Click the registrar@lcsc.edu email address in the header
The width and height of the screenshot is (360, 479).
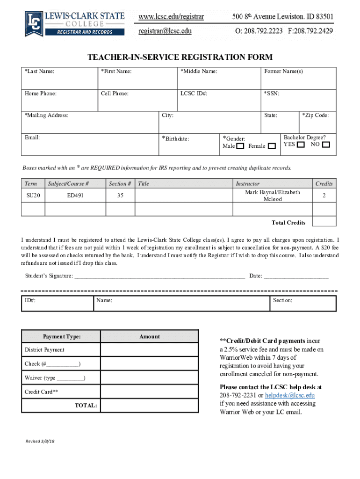pyautogui.click(x=165, y=31)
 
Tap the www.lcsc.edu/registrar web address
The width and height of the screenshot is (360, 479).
pyautogui.click(x=171, y=17)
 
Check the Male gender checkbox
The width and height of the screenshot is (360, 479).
pyautogui.click(x=240, y=146)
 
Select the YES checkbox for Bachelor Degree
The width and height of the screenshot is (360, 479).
pyautogui.click(x=301, y=145)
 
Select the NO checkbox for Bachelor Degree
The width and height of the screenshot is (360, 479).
pyautogui.click(x=326, y=145)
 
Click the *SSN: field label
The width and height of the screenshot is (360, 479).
pyautogui.click(x=272, y=94)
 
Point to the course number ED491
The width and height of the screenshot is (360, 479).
pyautogui.click(x=75, y=196)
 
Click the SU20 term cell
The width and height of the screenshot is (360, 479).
pyautogui.click(x=33, y=196)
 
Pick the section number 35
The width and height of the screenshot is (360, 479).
pyautogui.click(x=120, y=196)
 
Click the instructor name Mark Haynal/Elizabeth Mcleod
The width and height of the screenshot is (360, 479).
pyautogui.click(x=273, y=196)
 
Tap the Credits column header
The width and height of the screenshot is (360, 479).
pyautogui.click(x=324, y=184)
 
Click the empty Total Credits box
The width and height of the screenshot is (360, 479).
pyautogui.click(x=324, y=222)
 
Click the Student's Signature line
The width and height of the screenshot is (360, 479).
pyautogui.click(x=159, y=276)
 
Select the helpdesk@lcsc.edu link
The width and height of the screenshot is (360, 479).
pyautogui.click(x=287, y=395)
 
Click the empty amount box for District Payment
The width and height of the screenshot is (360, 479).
pyautogui.click(x=149, y=350)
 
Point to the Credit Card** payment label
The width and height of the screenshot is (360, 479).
pyautogui.click(x=42, y=392)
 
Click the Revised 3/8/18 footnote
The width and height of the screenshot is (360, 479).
pyautogui.click(x=40, y=442)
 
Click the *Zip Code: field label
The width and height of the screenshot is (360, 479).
pyautogui.click(x=316, y=116)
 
